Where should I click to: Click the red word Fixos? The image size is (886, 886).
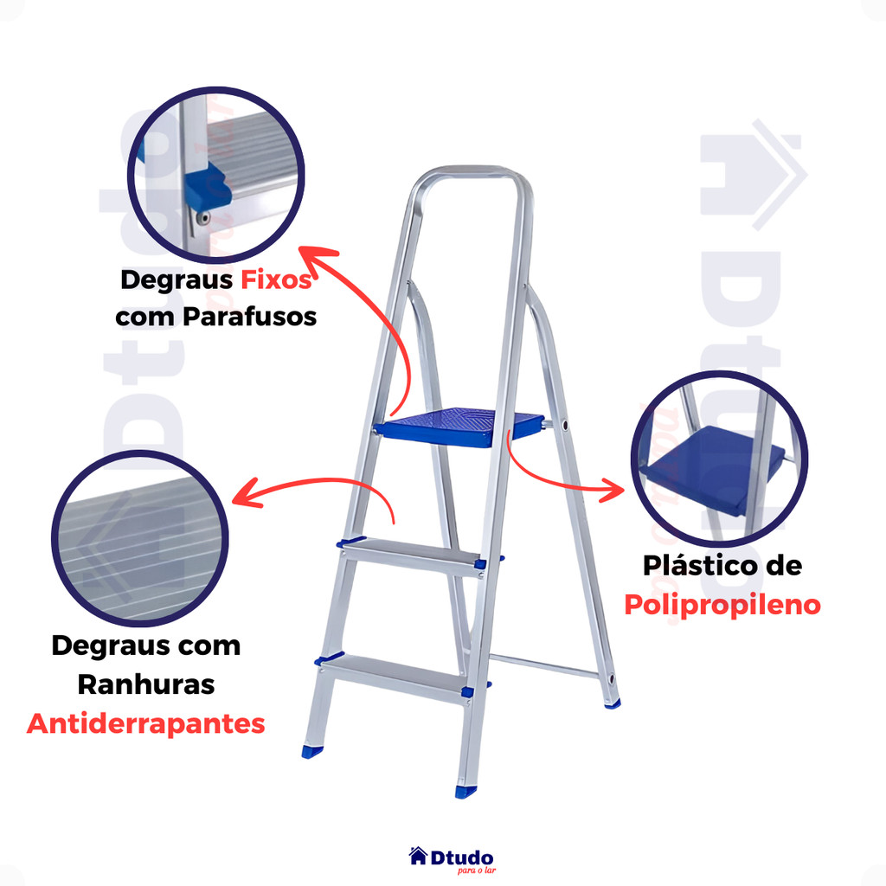point(276,279)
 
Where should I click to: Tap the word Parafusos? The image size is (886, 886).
point(249,317)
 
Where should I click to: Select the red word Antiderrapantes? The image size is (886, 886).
point(145,724)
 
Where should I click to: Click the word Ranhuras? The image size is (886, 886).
point(145,685)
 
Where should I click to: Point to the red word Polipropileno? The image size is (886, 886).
point(722,606)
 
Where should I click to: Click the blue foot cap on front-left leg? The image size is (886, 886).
point(311,752)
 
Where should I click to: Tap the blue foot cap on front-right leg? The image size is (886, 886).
point(465,791)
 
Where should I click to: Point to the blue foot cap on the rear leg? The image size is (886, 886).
point(612,703)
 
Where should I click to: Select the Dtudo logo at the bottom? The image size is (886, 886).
point(452,859)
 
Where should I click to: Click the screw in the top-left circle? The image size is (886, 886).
point(202,218)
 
